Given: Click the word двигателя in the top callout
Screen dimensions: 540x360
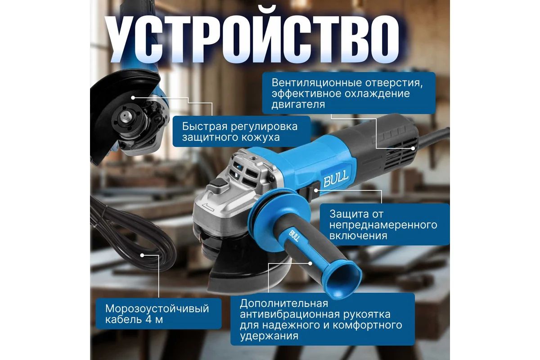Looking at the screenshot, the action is pyautogui.click(x=298, y=105).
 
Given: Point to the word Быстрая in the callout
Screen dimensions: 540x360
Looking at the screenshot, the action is pyautogui.click(x=204, y=126).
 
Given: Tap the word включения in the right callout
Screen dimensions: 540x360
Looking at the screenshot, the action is pyautogui.click(x=358, y=236).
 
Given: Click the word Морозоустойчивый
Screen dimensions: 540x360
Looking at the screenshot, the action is pyautogui.click(x=157, y=309).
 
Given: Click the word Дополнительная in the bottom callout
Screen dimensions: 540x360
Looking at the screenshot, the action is pyautogui.click(x=284, y=303).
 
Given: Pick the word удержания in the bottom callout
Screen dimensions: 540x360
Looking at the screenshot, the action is pyautogui.click(x=269, y=336).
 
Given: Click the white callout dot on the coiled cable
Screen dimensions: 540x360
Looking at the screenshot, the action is pyautogui.click(x=142, y=255).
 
